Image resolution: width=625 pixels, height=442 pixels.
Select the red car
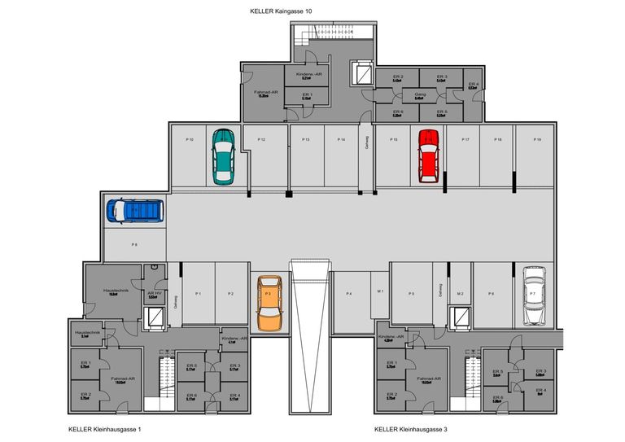point(426,155)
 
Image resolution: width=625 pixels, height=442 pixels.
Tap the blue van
point(134,211)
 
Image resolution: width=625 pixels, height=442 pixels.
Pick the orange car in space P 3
point(269,302)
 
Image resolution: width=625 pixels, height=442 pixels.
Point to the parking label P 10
point(189,140)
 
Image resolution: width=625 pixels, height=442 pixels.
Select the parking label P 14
point(341,140)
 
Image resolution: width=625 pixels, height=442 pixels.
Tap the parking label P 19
point(537,140)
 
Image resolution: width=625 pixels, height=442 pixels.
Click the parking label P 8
point(134,243)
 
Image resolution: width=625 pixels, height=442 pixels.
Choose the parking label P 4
point(348,293)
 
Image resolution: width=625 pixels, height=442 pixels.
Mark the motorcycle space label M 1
point(379,293)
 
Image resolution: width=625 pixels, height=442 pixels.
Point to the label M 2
point(460,293)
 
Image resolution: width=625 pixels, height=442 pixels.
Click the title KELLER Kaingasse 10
point(281,11)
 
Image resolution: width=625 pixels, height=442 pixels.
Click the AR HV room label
point(152,294)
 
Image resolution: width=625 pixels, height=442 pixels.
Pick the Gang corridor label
point(419,94)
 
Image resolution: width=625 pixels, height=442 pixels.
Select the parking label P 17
point(465,140)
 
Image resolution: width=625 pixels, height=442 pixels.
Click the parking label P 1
point(198,293)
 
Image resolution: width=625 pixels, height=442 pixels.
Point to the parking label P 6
point(491,293)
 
